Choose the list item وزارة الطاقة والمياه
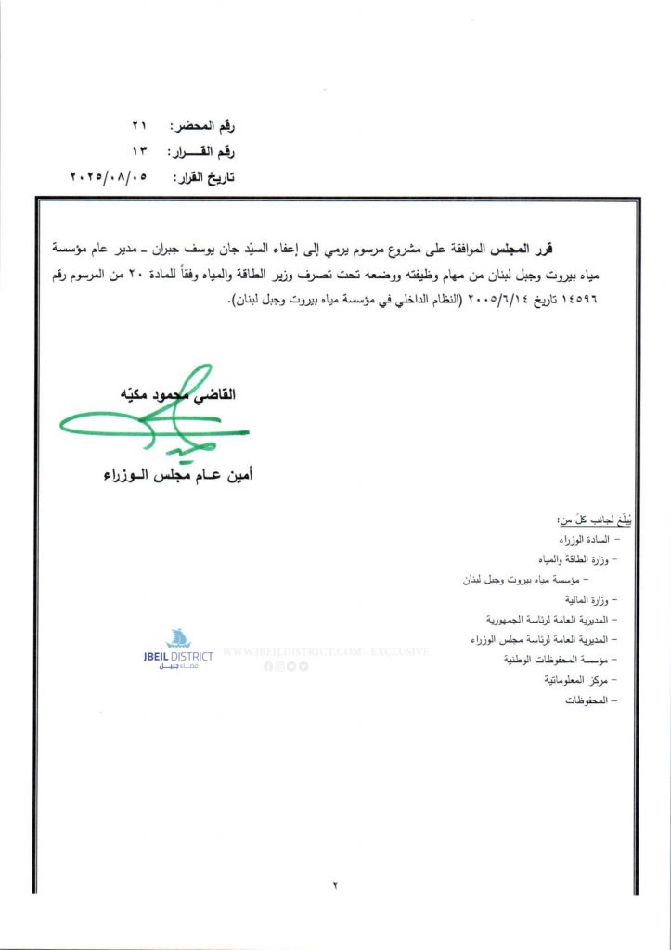[x=570, y=560]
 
